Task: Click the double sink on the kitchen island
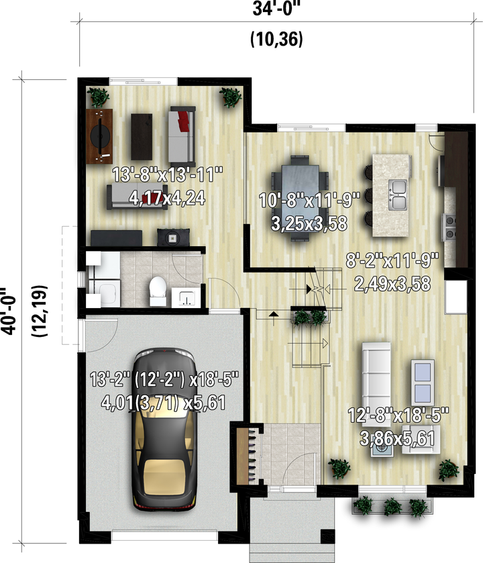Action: tap(398, 195)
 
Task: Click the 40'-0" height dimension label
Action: tap(8, 311)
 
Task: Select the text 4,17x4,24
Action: tap(167, 198)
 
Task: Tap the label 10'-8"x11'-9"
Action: tap(309, 201)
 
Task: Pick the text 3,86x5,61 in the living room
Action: tap(397, 438)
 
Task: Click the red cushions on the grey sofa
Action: tap(184, 120)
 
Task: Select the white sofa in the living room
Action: tap(376, 374)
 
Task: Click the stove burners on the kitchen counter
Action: tap(450, 227)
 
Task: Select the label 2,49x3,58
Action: tap(392, 284)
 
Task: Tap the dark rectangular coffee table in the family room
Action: tap(142, 136)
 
